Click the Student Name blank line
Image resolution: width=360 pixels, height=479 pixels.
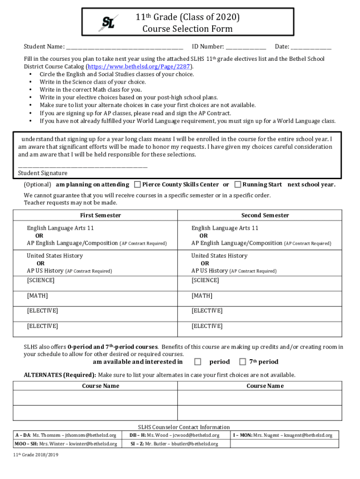click(x=124, y=47)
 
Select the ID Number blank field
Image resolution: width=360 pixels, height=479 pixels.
click(x=246, y=47)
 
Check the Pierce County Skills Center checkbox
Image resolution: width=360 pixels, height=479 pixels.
click(x=137, y=184)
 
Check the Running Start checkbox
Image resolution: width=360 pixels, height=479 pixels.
click(x=238, y=184)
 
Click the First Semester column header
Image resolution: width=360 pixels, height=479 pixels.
click(x=101, y=215)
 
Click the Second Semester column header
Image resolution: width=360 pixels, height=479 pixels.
click(x=265, y=215)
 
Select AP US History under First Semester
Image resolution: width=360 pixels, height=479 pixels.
click(x=45, y=271)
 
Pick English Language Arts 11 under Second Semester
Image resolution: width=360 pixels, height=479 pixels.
click(x=224, y=228)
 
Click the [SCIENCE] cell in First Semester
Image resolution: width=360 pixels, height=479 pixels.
click(x=41, y=281)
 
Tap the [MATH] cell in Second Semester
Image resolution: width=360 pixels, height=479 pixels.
click(x=202, y=296)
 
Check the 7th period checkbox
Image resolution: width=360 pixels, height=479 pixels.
click(x=243, y=362)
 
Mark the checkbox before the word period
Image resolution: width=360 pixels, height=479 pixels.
click(x=198, y=362)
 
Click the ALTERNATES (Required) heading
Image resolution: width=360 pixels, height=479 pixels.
click(x=60, y=375)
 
